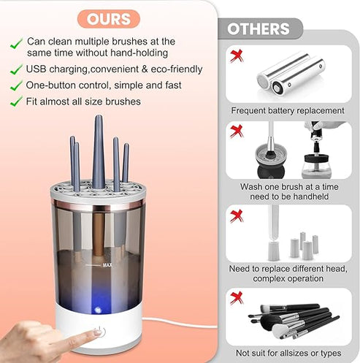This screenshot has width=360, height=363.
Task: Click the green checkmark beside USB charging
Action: point(15,69)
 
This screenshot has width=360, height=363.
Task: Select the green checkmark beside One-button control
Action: point(15,85)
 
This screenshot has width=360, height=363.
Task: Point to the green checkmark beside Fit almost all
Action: point(15,102)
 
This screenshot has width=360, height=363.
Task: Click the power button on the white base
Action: point(99,332)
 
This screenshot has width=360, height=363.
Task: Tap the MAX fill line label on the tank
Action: point(107,265)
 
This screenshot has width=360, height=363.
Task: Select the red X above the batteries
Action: point(236,55)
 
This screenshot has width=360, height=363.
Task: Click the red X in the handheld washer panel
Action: point(236,131)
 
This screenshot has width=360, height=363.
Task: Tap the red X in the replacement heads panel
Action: point(236,216)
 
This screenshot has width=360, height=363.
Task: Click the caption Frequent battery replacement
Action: point(287,111)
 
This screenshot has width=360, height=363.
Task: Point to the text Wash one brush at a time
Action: point(290,186)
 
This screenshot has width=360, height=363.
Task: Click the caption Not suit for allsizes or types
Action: point(288,353)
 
